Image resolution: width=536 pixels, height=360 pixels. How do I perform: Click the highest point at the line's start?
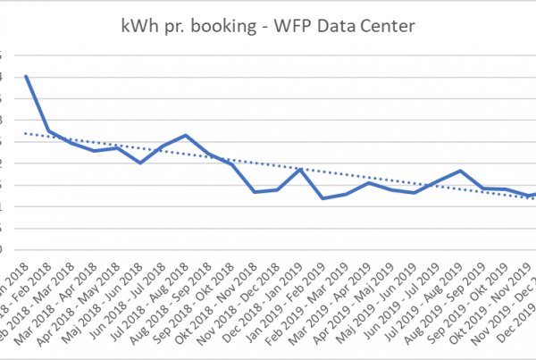26,76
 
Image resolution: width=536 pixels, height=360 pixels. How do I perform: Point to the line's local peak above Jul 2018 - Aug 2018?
185,135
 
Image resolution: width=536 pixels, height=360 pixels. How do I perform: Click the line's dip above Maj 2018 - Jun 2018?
140,163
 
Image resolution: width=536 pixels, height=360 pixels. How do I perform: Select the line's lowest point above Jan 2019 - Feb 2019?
322,198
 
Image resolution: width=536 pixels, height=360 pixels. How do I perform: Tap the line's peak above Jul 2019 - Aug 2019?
460,171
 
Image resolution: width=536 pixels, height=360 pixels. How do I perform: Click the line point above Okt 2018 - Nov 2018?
255,192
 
